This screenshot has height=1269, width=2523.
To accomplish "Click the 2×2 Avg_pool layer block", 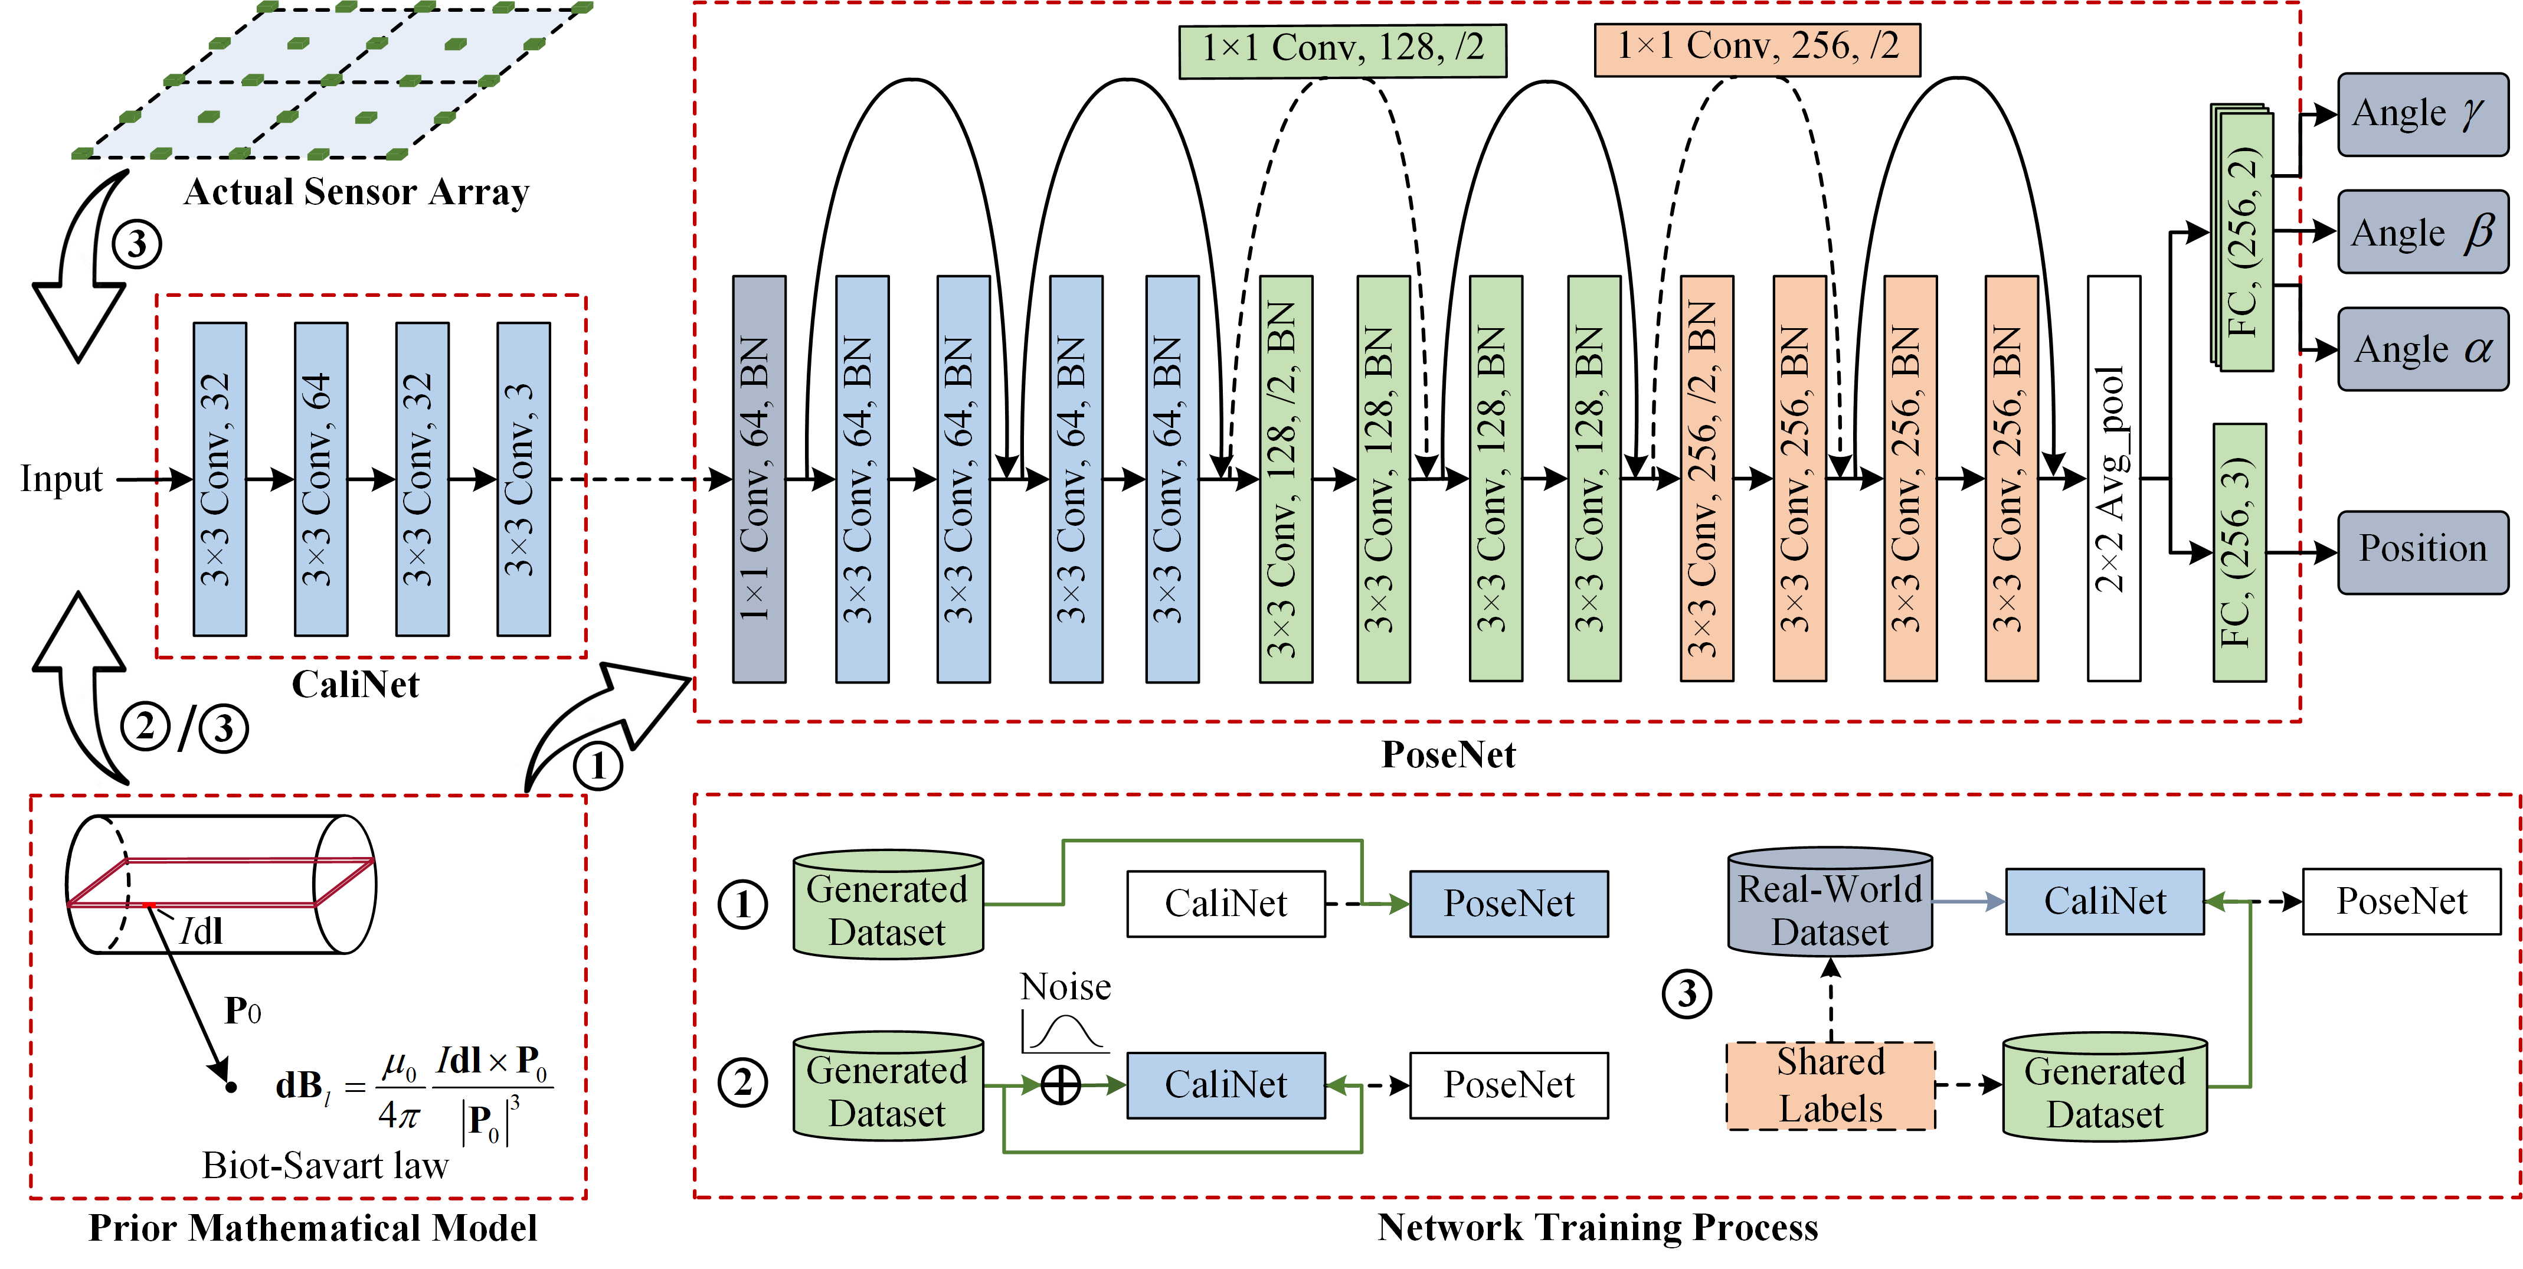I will point(2113,478).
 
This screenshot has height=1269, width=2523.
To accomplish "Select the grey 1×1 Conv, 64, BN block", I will point(759,478).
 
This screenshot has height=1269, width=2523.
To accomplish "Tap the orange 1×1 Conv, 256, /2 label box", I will point(1757,49).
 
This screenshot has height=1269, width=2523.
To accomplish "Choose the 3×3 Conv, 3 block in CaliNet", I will point(523,479).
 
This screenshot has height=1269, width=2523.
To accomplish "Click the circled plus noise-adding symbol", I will point(1060,1085).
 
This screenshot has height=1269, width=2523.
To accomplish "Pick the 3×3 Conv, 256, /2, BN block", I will point(1706,478).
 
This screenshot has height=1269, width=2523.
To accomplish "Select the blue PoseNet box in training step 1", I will point(1508,904).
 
